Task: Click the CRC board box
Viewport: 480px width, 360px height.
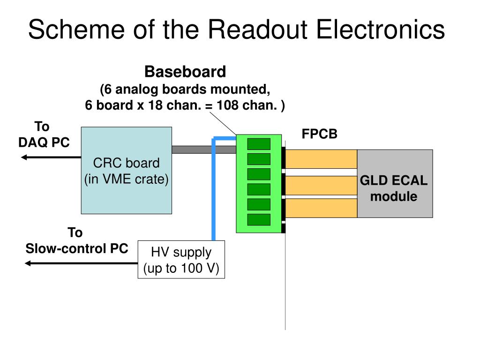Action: (x=127, y=171)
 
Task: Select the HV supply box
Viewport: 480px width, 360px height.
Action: (x=181, y=260)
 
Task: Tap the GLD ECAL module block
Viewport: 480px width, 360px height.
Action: (x=395, y=184)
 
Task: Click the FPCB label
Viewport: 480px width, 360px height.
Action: (x=319, y=134)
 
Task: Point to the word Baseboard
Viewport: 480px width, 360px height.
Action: (x=185, y=72)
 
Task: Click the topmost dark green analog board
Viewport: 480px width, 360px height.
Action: (x=259, y=144)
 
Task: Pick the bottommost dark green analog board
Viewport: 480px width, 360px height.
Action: (x=259, y=219)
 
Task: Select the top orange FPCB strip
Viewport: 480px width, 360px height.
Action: (x=321, y=159)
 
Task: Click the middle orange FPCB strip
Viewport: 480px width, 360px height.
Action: (x=321, y=186)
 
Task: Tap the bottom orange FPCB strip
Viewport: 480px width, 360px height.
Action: (x=321, y=209)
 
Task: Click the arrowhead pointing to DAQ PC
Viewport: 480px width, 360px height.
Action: (x=24, y=157)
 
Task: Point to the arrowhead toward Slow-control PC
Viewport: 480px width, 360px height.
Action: (x=28, y=263)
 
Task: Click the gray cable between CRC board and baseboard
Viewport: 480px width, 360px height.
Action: (x=204, y=150)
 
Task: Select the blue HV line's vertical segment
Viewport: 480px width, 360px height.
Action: (x=213, y=190)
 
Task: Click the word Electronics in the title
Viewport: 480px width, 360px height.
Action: (x=380, y=30)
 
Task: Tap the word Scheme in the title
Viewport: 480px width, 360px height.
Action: (x=76, y=30)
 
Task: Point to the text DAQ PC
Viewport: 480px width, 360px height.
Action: (x=44, y=142)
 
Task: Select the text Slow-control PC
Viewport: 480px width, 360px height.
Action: (x=76, y=248)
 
